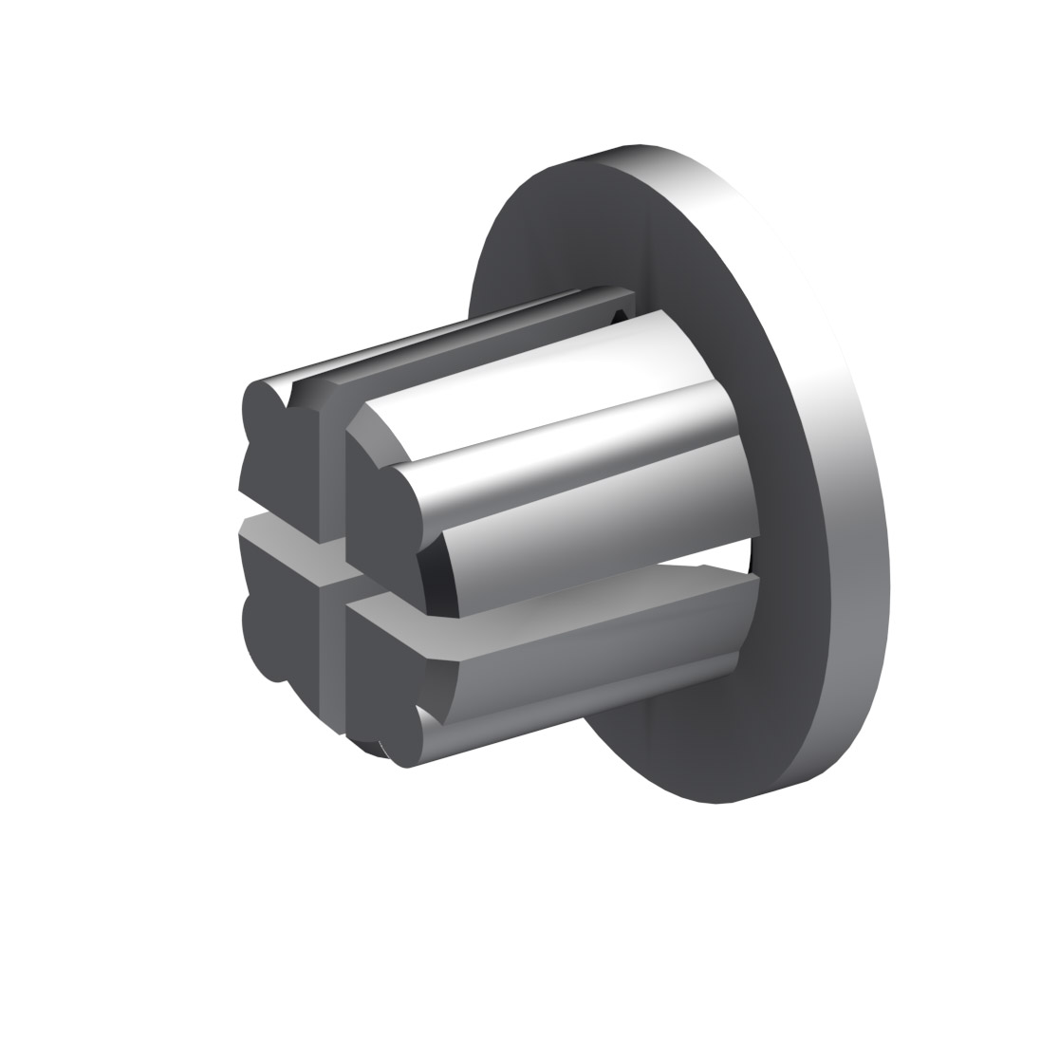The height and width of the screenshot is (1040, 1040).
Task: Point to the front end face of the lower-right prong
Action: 380,683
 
